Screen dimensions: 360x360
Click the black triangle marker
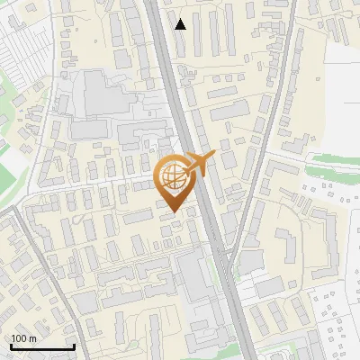[181, 23]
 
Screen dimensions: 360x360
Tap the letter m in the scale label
[33, 337]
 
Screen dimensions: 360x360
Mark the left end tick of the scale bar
[11, 346]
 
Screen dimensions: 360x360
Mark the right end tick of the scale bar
[74, 346]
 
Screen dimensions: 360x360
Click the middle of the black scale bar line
[42, 347]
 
